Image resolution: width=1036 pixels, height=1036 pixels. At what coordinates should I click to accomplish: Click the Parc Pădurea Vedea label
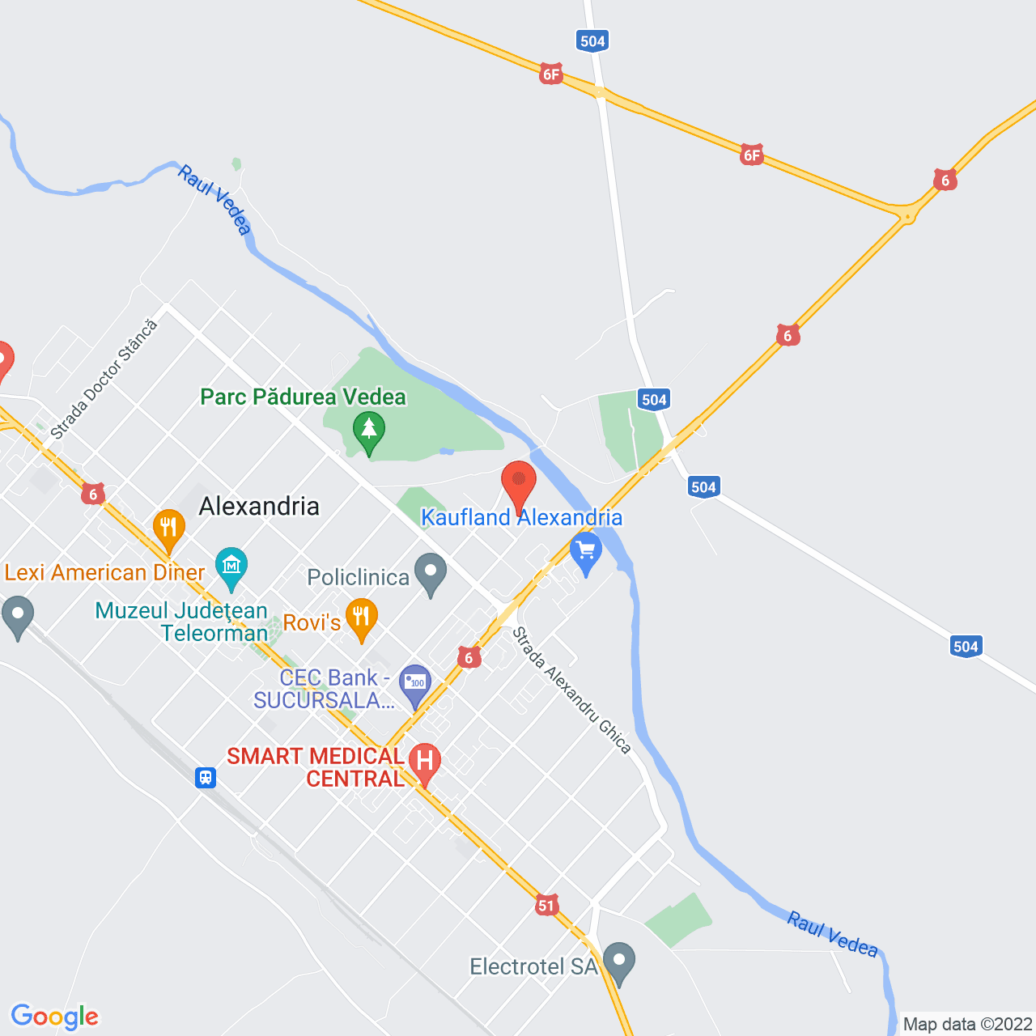click(x=303, y=397)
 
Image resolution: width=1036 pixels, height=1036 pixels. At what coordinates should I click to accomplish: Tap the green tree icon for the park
click(x=369, y=429)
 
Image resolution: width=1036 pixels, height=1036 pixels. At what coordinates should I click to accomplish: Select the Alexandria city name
click(x=259, y=507)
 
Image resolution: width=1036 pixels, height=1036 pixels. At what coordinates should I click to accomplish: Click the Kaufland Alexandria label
click(x=521, y=518)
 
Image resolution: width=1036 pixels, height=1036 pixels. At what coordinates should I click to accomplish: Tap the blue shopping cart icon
click(x=586, y=551)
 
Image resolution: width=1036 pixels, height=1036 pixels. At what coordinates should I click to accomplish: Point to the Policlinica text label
click(x=359, y=577)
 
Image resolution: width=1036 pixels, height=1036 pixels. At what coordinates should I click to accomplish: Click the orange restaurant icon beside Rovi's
click(x=361, y=618)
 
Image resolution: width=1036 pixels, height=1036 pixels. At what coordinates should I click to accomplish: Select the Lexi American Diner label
click(x=104, y=573)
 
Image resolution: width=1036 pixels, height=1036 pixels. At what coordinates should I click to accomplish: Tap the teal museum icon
click(x=231, y=567)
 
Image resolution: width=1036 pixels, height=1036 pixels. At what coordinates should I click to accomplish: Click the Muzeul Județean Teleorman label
click(x=181, y=622)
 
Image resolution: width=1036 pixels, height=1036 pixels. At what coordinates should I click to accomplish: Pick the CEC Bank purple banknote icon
click(x=416, y=684)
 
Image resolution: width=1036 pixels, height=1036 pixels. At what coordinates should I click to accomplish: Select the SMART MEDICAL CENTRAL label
click(x=315, y=767)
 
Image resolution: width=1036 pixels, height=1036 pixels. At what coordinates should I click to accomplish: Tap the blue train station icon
click(x=206, y=778)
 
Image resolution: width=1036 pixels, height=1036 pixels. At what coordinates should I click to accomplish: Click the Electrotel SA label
click(x=533, y=966)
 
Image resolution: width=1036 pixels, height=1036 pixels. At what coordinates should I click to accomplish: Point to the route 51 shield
click(x=546, y=906)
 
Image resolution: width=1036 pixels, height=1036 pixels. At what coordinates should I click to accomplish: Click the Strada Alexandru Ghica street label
click(x=571, y=690)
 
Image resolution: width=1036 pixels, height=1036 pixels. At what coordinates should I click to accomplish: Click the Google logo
click(x=55, y=1017)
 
